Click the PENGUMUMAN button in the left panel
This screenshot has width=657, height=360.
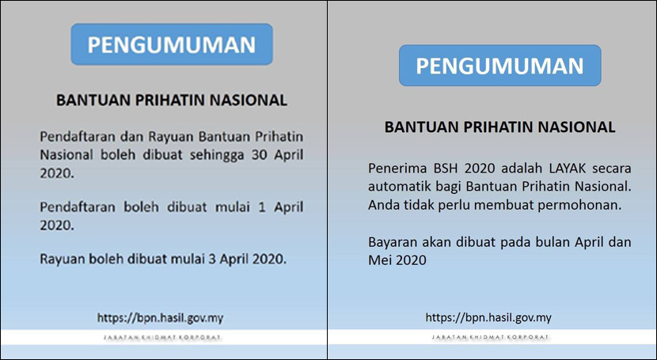tap(172, 44)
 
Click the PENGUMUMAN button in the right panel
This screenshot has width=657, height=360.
tap(499, 66)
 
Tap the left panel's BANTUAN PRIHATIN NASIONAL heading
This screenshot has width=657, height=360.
tap(172, 100)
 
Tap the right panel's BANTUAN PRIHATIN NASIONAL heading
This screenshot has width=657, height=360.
tap(499, 127)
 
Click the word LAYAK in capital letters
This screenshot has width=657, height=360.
tap(561, 169)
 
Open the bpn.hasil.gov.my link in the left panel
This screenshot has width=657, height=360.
tap(160, 318)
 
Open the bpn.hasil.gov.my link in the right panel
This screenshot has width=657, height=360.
tap(488, 317)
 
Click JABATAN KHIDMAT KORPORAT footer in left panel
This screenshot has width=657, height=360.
tap(161, 337)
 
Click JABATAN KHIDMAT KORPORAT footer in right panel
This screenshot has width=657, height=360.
tap(490, 337)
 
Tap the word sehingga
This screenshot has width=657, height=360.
tap(217, 155)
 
